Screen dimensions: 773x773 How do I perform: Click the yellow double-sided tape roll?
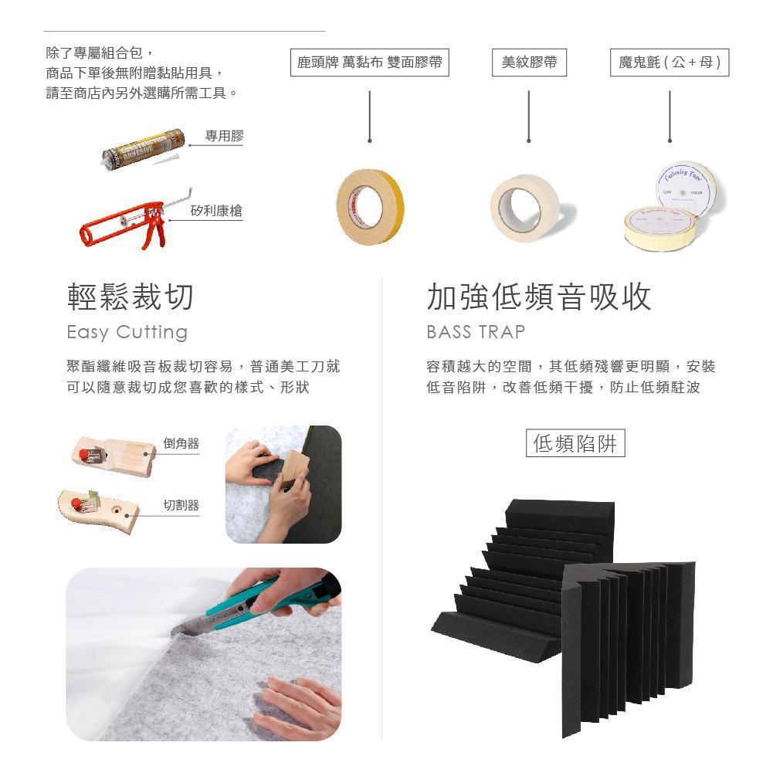370,206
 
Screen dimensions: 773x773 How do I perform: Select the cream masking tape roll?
524,207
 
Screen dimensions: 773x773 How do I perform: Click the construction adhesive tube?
144,148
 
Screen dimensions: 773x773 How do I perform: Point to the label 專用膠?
224,136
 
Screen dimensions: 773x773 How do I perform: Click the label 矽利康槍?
216,211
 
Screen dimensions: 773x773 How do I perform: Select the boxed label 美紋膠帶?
529,62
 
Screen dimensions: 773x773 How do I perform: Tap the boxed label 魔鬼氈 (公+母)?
670,62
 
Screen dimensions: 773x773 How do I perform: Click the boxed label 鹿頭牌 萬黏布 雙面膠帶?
370,62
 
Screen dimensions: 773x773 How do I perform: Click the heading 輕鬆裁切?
131,297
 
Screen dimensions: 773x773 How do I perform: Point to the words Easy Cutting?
127,332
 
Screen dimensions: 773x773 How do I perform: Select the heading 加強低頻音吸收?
539,297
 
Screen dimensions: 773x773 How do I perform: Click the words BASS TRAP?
476,332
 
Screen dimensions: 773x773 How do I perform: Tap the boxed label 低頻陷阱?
575,443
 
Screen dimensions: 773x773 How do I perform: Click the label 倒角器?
181,443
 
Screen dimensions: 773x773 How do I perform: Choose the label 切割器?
181,505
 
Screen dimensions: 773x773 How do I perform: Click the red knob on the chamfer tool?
84,453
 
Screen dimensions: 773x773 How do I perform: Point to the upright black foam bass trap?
629,646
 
